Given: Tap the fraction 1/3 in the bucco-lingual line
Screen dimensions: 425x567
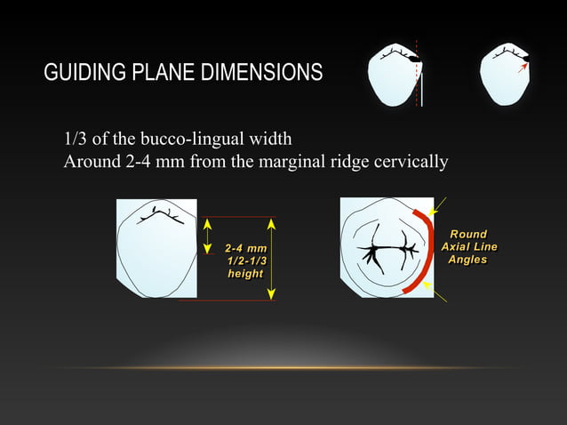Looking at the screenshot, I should pos(76,140).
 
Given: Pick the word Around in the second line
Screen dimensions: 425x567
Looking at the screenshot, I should pos(91,162).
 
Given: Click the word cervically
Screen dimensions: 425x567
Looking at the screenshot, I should pos(409,162).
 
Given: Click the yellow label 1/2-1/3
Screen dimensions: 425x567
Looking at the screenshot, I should pos(246,261).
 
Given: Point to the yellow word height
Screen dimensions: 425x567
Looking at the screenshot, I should pos(245,274).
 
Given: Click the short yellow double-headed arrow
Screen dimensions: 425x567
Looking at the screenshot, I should pos(206,236).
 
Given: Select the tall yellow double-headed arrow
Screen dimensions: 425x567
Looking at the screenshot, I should pos(273,258).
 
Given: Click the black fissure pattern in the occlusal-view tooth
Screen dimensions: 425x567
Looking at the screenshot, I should pos(382,252).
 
